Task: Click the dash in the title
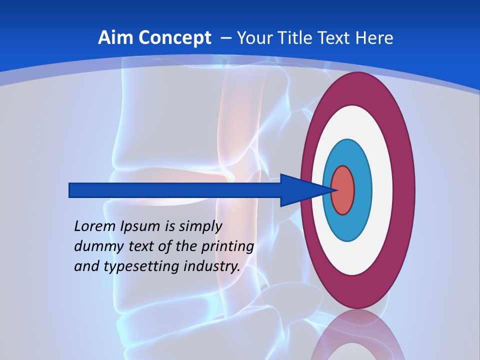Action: click(x=225, y=38)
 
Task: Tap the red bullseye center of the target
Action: click(x=343, y=190)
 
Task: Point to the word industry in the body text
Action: click(x=212, y=266)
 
